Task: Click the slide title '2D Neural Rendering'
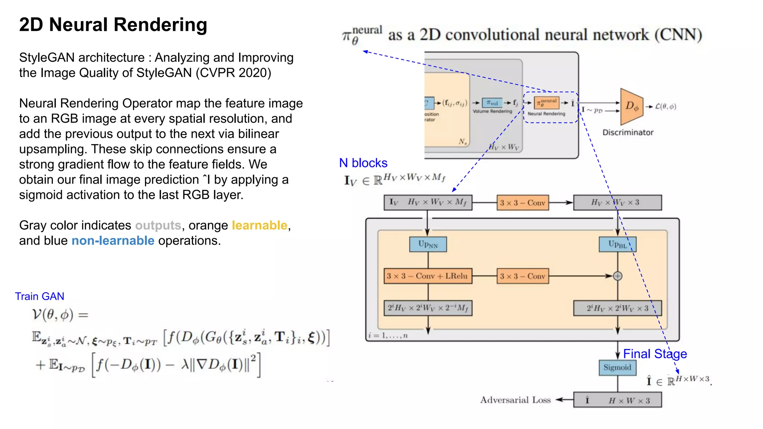tap(113, 25)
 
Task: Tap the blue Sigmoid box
tap(617, 368)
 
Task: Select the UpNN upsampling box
tap(428, 244)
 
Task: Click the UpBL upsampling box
tap(617, 244)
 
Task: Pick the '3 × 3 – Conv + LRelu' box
tap(428, 276)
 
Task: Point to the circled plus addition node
tap(618, 276)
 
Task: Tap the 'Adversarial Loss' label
tap(515, 400)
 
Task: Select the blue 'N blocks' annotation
tap(363, 163)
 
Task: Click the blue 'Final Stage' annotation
tap(655, 354)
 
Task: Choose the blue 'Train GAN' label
tap(39, 296)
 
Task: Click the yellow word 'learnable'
tap(259, 225)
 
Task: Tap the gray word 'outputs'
tap(158, 225)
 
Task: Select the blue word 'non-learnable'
tap(113, 241)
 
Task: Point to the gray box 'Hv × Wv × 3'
tap(617, 203)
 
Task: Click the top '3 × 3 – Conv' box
tap(523, 203)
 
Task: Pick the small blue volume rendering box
tap(492, 103)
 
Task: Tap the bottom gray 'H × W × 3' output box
tap(617, 400)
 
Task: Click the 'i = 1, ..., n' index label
tap(388, 336)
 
